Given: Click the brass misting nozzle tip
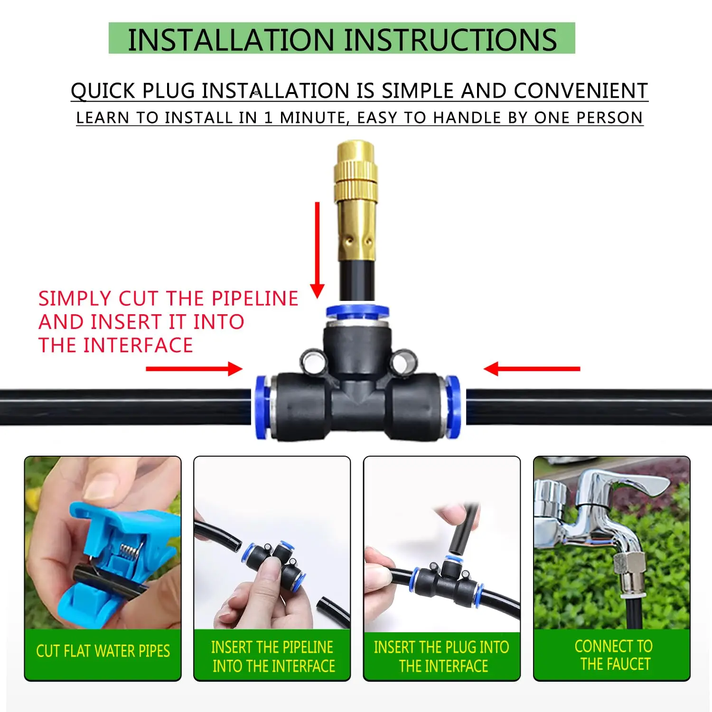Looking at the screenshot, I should point(357,152).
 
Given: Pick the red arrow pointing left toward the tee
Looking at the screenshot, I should point(532,369).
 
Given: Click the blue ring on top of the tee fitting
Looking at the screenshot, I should point(357,312).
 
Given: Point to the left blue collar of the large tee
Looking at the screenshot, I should point(261,407).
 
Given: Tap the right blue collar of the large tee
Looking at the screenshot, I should point(453,407).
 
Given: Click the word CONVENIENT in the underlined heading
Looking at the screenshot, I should point(581,91).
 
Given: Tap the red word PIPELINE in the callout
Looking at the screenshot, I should point(255,299).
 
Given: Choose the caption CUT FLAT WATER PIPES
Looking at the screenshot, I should point(103,651).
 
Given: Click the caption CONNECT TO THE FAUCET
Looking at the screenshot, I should point(613,655).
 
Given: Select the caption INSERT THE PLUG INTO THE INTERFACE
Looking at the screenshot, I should point(442,656).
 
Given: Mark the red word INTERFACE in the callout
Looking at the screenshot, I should point(138,345).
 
